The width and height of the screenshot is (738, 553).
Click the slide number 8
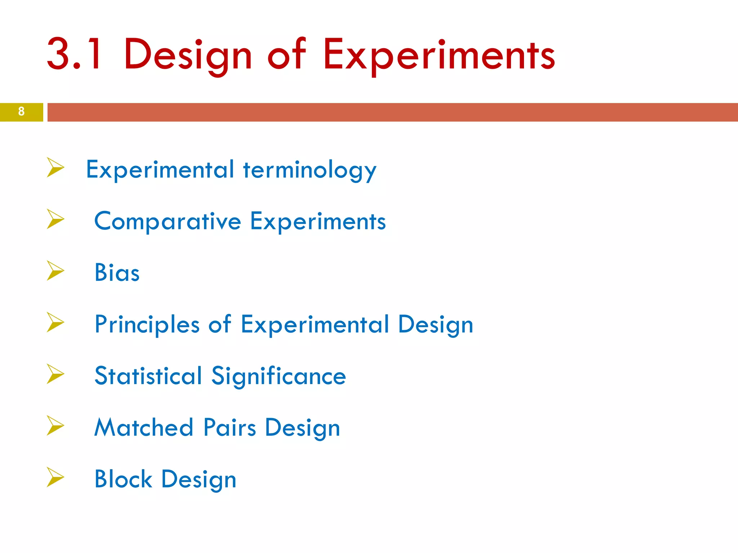coord(21,112)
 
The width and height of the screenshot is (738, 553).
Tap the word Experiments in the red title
coord(439,56)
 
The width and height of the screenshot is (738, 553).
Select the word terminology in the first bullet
coord(310,170)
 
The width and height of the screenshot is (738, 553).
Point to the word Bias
coord(117,273)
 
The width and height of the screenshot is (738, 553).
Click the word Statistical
coord(148,376)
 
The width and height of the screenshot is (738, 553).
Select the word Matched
coord(144,428)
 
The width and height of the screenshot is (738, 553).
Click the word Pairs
coord(230,428)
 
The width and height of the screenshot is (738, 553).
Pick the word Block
coord(123,479)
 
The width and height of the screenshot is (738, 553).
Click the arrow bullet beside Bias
coord(55,271)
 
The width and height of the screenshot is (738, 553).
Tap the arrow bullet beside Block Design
coord(55,477)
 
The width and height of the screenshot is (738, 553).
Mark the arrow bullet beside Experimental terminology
coord(55,167)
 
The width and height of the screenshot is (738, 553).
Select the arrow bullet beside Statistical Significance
coord(55,374)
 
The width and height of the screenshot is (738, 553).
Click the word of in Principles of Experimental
coord(219,324)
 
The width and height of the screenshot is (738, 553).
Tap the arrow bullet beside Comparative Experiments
coord(55,219)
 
